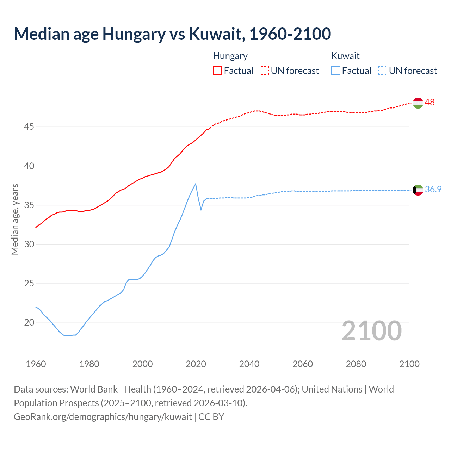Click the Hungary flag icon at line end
[418, 103]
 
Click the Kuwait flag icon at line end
[418, 190]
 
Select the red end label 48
[430, 102]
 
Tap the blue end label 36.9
[433, 189]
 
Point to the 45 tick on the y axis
[29, 126]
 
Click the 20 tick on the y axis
[29, 322]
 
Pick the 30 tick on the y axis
[29, 244]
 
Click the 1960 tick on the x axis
[36, 364]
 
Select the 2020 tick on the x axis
[196, 364]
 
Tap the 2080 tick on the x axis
[356, 364]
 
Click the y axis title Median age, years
[15, 219]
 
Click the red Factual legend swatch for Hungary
[217, 70]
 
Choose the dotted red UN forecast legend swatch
[264, 70]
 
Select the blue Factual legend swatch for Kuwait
[336, 70]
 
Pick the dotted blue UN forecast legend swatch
[383, 70]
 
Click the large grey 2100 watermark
[372, 330]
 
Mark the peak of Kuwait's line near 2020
[196, 184]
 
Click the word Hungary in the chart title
[134, 34]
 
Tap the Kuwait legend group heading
[345, 56]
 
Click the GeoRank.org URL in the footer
[103, 416]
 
